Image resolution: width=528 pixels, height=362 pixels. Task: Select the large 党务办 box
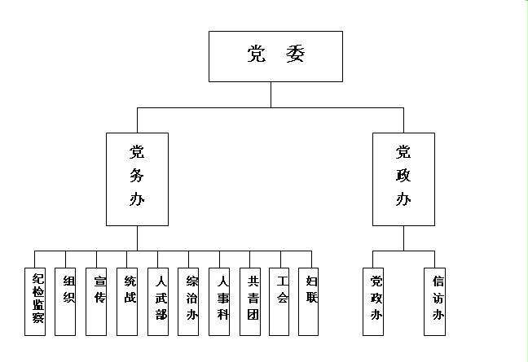pyautogui.click(x=137, y=179)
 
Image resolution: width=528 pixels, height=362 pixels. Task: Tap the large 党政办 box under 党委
pyautogui.click(x=403, y=179)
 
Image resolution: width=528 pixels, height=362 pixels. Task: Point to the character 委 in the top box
pyautogui.click(x=295, y=55)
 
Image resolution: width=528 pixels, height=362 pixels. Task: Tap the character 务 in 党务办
pyautogui.click(x=137, y=174)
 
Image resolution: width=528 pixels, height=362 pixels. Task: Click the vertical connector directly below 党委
pyautogui.click(x=271, y=94)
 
